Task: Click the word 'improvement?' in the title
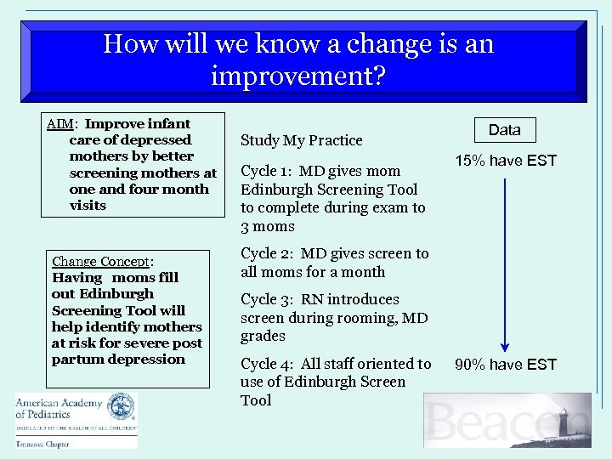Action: point(297,76)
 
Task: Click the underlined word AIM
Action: point(59,124)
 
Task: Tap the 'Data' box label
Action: point(504,130)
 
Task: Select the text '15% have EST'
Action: point(505,161)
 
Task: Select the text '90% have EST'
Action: point(505,365)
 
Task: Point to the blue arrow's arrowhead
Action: point(505,344)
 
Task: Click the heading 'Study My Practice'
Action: point(301,140)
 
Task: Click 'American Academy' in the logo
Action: point(58,403)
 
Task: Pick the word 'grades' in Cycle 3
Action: point(262,337)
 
